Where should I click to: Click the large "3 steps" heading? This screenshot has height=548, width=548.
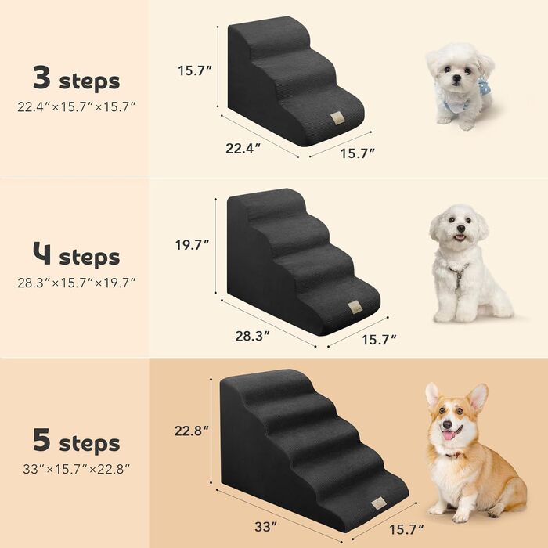76,79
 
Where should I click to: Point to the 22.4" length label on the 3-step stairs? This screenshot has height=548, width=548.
243,149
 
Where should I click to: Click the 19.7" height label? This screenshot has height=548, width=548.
193,244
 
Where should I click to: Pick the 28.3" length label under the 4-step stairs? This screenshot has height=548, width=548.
253,336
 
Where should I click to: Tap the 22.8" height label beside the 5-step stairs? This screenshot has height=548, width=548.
192,431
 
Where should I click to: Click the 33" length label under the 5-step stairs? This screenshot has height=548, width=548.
265,526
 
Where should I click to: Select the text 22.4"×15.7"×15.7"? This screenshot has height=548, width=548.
77,106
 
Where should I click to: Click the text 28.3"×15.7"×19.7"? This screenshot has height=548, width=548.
77,283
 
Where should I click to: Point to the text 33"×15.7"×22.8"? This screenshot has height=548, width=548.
77,469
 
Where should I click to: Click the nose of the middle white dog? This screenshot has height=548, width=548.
461,229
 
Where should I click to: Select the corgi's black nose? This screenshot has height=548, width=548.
447,425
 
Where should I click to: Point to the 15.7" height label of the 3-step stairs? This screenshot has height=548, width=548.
195,70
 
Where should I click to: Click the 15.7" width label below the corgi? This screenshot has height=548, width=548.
407,529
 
